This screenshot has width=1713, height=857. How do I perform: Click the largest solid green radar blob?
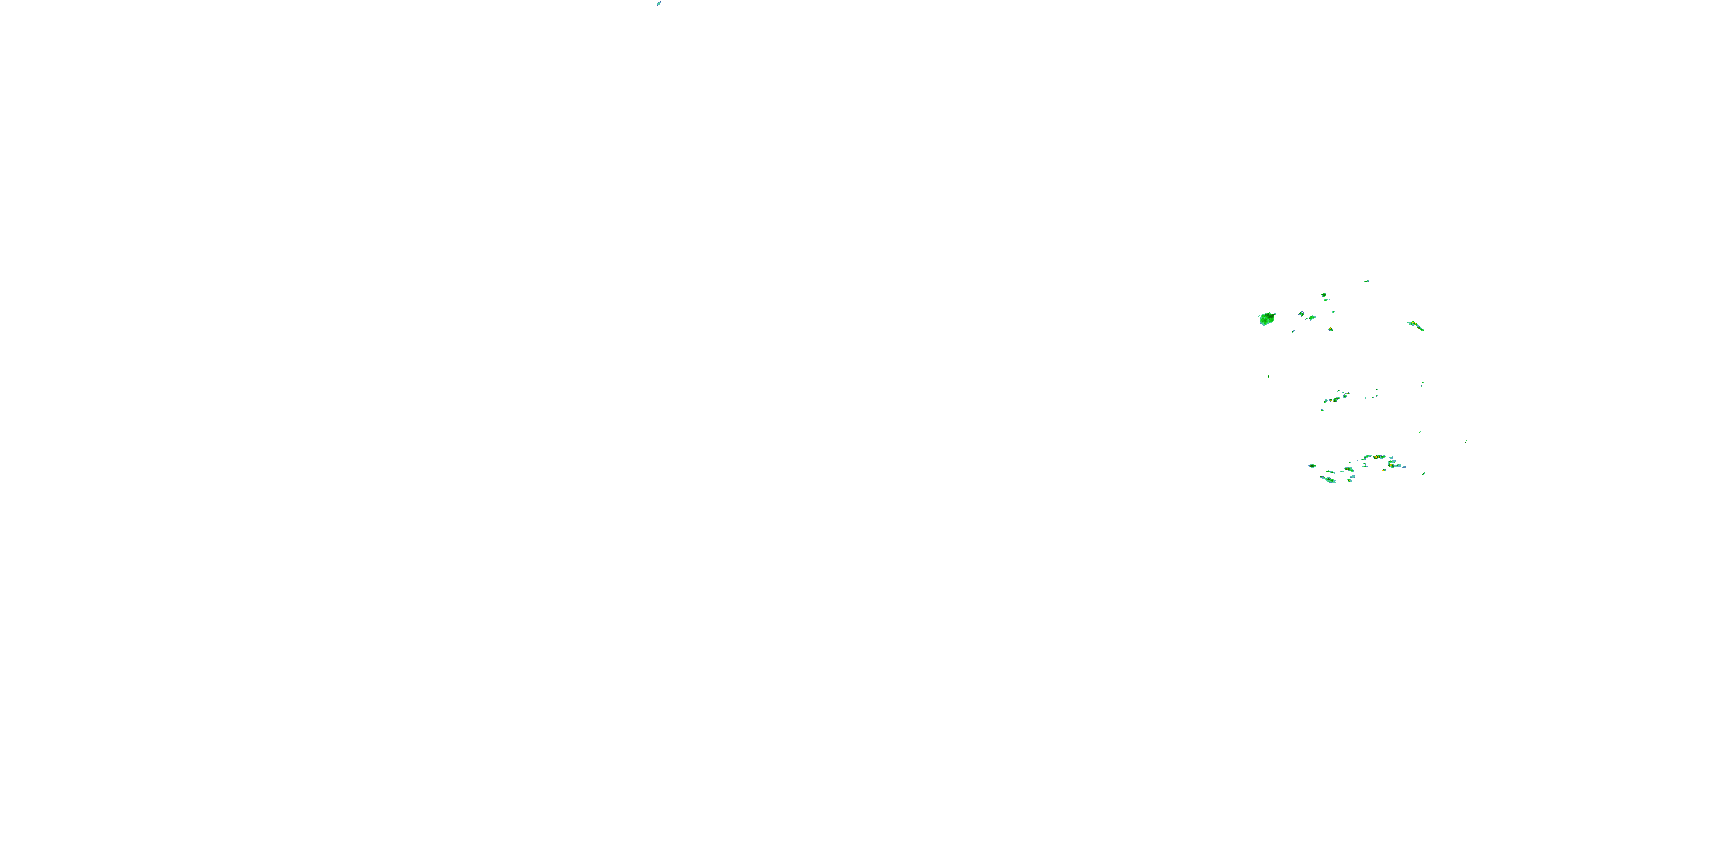(x=1268, y=319)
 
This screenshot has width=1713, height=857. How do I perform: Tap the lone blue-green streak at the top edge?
(x=658, y=3)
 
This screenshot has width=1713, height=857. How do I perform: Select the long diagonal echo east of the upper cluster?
(x=1415, y=325)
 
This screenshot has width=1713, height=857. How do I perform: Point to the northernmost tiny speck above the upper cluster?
(x=1366, y=281)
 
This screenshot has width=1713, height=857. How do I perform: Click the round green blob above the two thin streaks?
(x=1324, y=294)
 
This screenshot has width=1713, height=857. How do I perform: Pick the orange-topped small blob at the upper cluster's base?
(x=1330, y=329)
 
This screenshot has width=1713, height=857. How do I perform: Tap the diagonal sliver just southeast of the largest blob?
(x=1293, y=331)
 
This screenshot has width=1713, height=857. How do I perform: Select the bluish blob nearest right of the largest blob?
(x=1301, y=314)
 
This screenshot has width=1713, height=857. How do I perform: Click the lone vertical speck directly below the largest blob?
(x=1268, y=377)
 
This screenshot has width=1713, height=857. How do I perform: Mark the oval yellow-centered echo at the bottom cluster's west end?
(x=1312, y=466)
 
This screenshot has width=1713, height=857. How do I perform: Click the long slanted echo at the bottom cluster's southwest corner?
(x=1328, y=479)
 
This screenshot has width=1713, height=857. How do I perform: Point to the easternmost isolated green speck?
(x=1466, y=441)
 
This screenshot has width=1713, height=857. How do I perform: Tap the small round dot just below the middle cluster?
(x=1322, y=410)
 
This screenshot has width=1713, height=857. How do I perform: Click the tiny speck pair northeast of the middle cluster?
(x=1422, y=383)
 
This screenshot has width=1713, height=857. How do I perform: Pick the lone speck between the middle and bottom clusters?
(x=1421, y=432)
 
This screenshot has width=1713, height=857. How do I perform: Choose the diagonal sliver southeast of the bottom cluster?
(x=1423, y=474)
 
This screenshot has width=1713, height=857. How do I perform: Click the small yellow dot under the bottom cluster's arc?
(x=1384, y=470)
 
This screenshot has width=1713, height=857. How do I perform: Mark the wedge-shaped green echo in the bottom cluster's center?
(x=1349, y=469)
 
